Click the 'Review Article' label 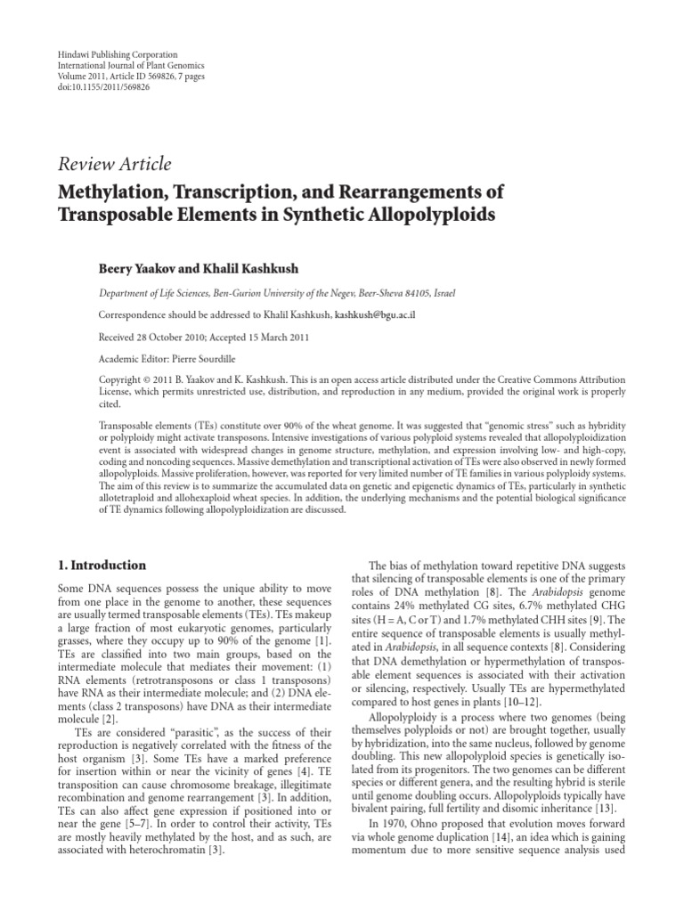[x=114, y=164]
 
